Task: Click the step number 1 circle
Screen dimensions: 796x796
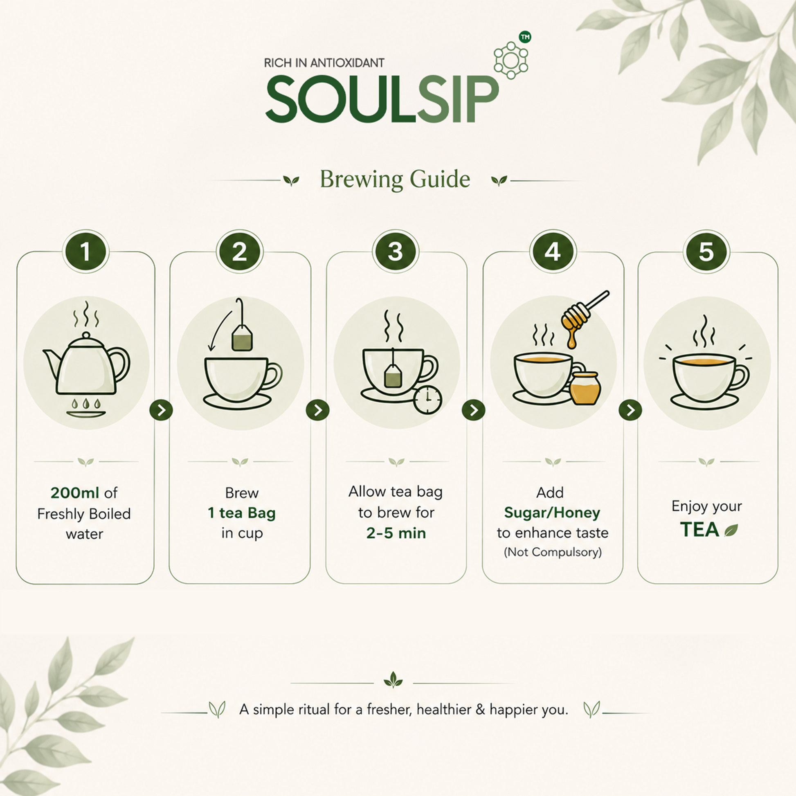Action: coord(85,251)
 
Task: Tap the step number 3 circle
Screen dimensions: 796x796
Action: coord(395,251)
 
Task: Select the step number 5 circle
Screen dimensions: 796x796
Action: coord(706,251)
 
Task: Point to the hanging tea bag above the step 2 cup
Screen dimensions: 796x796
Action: coord(242,337)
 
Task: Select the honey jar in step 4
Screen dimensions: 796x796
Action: coord(585,388)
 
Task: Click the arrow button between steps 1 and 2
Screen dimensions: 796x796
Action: coord(161,410)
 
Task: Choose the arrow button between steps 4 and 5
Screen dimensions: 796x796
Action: coord(630,410)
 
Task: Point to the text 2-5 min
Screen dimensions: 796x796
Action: coord(396,533)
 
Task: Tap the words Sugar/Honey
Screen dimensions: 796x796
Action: coord(552,513)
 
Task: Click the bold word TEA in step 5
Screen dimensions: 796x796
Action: coord(699,530)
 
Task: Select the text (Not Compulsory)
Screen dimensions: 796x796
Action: coord(553,552)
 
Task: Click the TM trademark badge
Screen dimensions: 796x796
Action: coord(525,37)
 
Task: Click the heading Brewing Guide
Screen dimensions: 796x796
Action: coord(395,180)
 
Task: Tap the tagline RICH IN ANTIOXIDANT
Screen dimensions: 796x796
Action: coord(324,63)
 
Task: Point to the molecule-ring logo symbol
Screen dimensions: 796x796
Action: coord(511,60)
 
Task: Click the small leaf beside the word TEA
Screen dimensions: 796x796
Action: coord(731,530)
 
